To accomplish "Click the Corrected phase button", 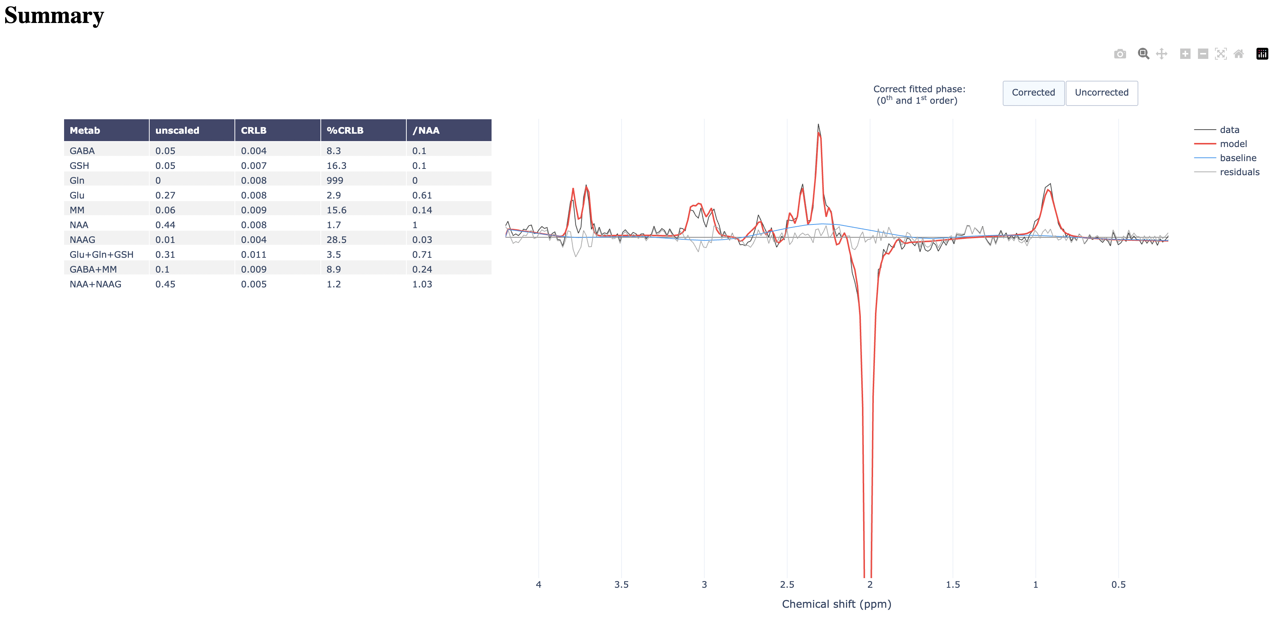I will point(1033,93).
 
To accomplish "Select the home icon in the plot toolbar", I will point(1239,54).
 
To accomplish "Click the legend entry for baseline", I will point(1237,158).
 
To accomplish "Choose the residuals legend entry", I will point(1239,172).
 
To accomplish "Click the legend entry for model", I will point(1233,144).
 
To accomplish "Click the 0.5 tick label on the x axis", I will point(1118,584).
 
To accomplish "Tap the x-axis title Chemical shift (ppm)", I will point(836,604).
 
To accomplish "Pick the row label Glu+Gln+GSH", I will point(101,254).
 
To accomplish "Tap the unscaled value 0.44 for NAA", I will point(165,225).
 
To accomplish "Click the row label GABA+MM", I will point(93,269).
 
